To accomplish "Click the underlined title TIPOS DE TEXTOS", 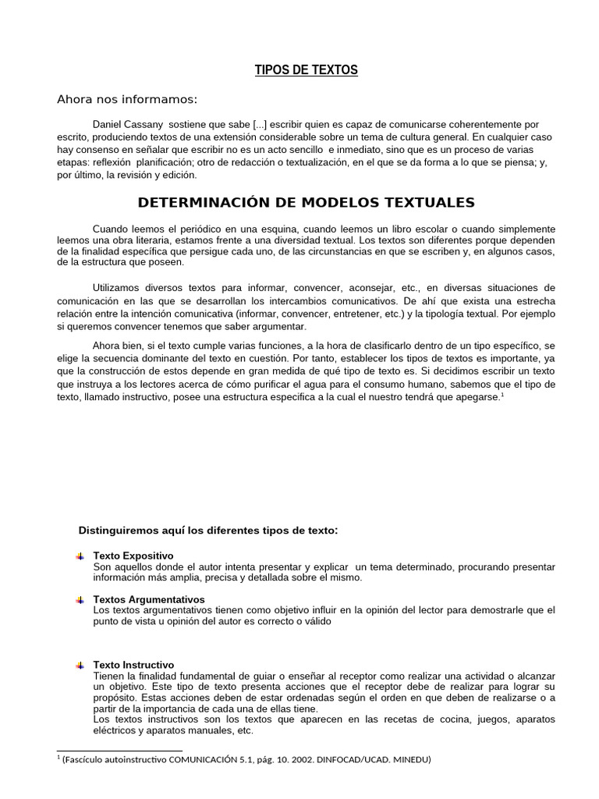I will click(x=307, y=70).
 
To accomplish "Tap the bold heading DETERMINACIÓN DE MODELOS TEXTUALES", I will click(x=306, y=203).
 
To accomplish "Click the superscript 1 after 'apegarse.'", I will click(x=502, y=393).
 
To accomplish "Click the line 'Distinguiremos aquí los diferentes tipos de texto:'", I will click(x=208, y=531).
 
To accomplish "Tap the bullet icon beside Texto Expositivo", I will click(x=80, y=556).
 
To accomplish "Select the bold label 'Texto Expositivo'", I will click(x=133, y=556).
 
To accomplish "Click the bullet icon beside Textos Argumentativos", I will click(x=80, y=600).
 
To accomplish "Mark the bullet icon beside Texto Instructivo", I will click(x=80, y=666).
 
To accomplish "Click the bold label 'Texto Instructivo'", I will click(x=133, y=665).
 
